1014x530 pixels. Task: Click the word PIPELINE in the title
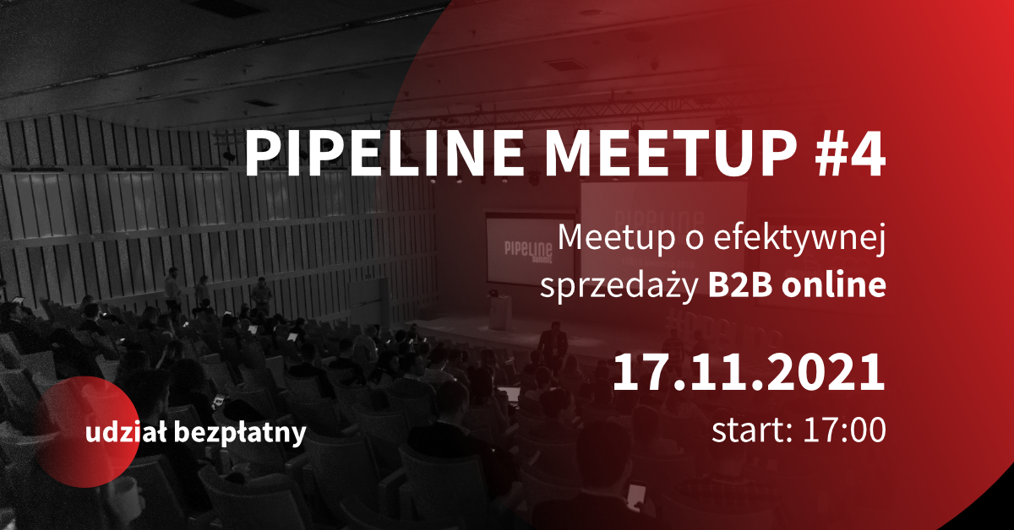pyautogui.click(x=384, y=154)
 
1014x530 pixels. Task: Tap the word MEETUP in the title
pyautogui.click(x=670, y=154)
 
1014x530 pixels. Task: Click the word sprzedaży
pyautogui.click(x=619, y=286)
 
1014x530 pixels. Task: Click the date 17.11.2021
pyautogui.click(x=749, y=372)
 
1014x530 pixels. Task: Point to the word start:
pyautogui.click(x=752, y=430)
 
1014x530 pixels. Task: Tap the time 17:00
pyautogui.click(x=844, y=430)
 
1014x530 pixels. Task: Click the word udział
pyautogui.click(x=126, y=432)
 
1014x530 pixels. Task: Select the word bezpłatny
pyautogui.click(x=240, y=433)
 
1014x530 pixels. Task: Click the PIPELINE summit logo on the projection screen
pyautogui.click(x=528, y=252)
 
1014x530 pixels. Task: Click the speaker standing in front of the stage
pyautogui.click(x=553, y=347)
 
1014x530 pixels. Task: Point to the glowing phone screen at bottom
pyautogui.click(x=636, y=495)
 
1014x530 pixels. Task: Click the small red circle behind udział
pyautogui.click(x=87, y=432)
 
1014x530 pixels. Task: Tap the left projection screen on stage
pyautogui.click(x=531, y=250)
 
